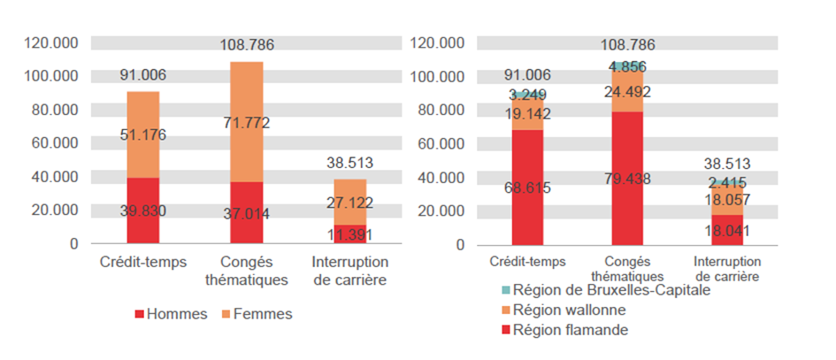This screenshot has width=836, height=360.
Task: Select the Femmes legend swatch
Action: point(227,314)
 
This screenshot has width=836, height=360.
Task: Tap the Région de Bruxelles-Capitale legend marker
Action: point(505,291)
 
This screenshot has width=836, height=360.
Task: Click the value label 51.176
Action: point(143,135)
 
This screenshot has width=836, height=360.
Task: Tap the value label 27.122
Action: point(349,203)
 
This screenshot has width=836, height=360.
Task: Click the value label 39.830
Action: point(143,210)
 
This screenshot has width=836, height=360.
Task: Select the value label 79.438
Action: point(628,180)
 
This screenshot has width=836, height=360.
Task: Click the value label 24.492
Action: point(628,90)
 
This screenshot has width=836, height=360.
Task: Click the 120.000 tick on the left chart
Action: point(52,42)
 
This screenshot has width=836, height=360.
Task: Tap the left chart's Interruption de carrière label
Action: point(349,272)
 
